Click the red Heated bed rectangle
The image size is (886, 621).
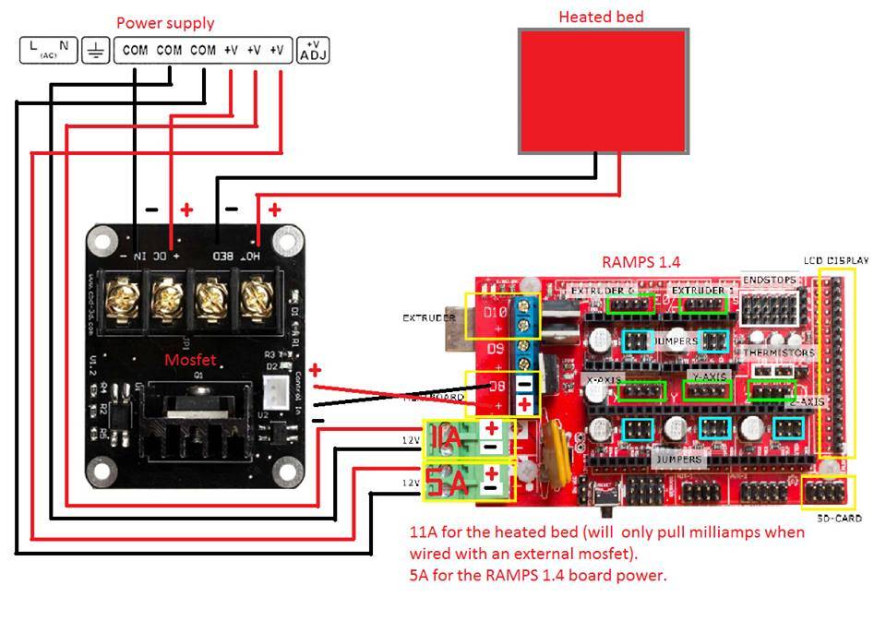click(603, 90)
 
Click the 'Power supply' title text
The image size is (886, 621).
click(165, 23)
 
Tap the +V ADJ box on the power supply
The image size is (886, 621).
click(313, 50)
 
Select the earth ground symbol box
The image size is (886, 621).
click(95, 50)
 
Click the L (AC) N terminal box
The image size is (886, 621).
click(48, 50)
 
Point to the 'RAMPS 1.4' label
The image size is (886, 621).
click(641, 262)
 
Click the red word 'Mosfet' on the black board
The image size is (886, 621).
click(190, 360)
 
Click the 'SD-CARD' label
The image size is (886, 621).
click(840, 519)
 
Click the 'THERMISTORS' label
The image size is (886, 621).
click(780, 352)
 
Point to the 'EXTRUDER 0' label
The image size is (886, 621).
click(602, 292)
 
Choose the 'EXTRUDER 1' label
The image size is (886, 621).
click(703, 292)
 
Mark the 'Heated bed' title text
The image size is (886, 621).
click(601, 17)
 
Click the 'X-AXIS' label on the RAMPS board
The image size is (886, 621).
click(604, 379)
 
